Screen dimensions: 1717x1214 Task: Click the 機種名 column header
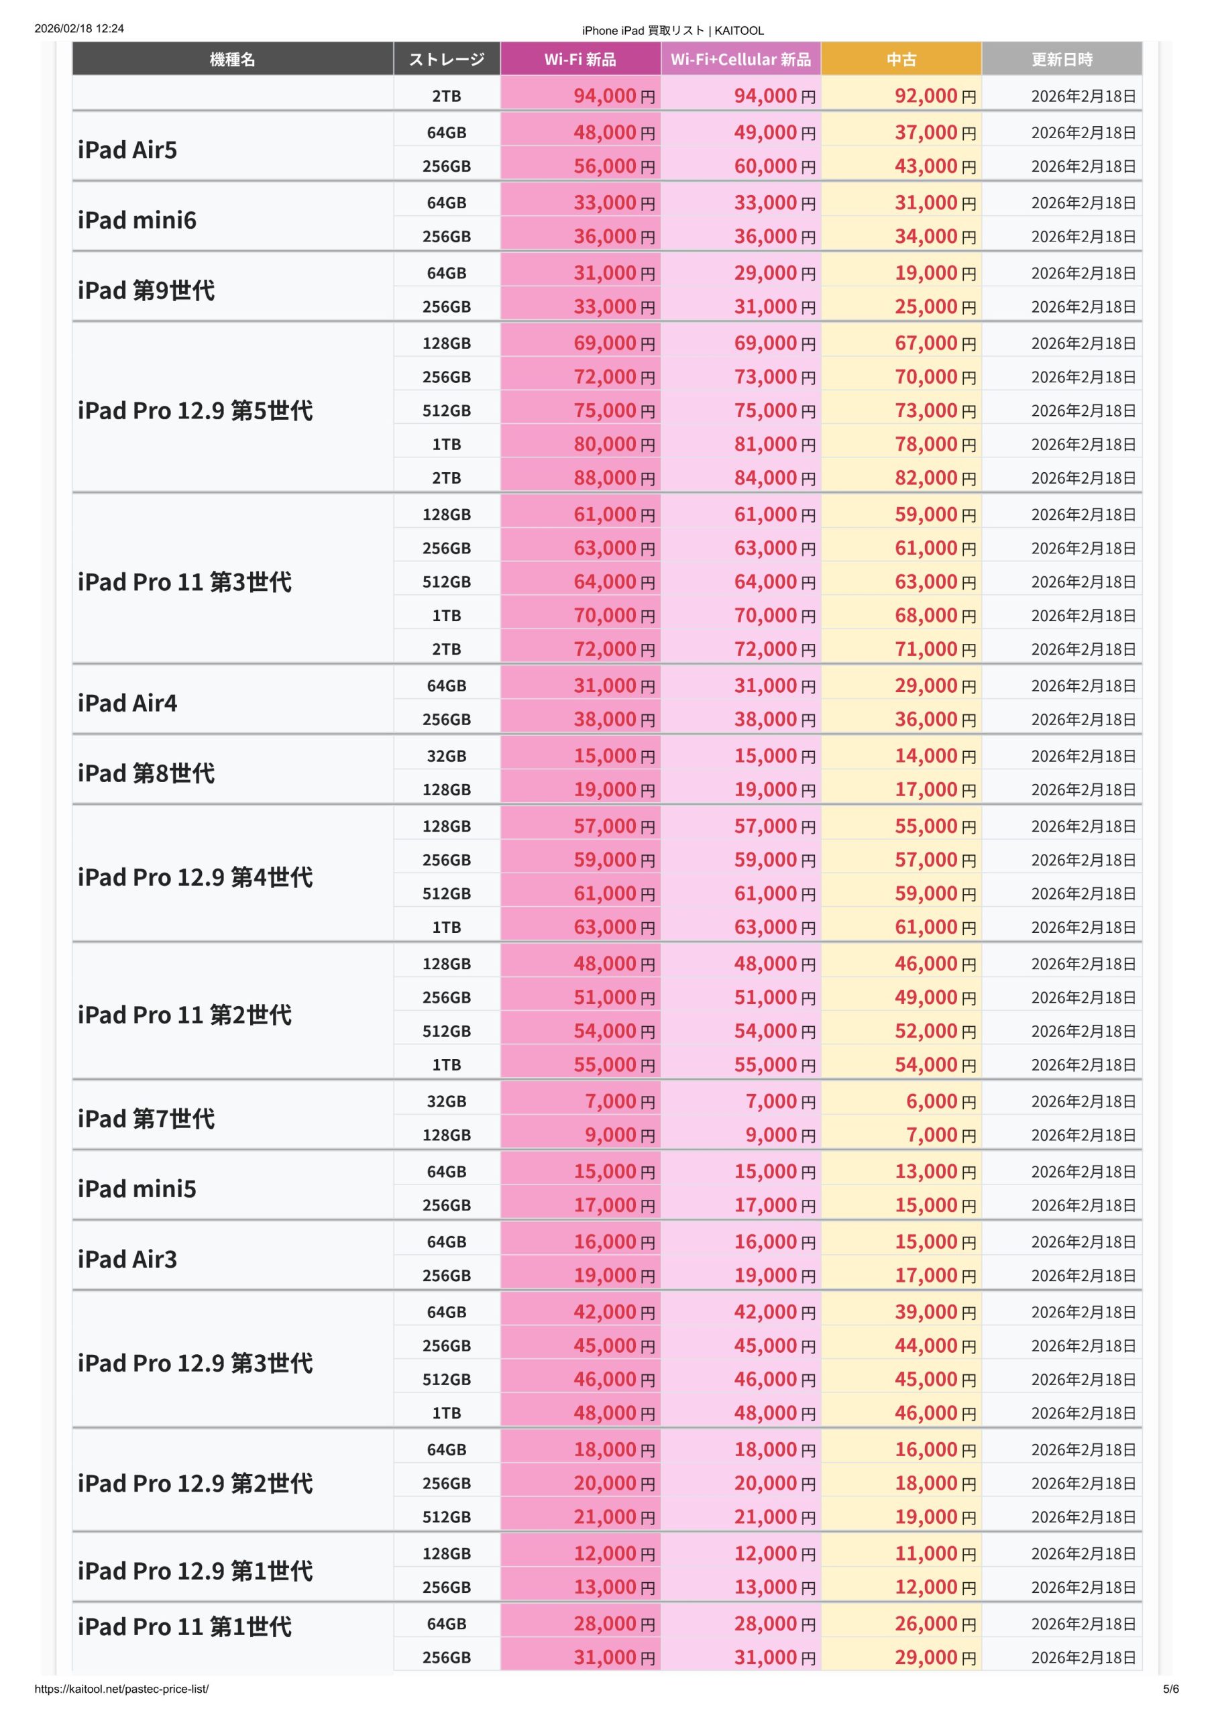[233, 59]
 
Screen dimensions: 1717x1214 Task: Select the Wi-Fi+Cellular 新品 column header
[740, 59]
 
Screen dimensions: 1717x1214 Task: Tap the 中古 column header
[901, 59]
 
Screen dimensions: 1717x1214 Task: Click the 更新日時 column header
[1061, 59]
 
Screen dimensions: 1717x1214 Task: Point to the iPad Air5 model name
[128, 150]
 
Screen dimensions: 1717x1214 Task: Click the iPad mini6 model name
[137, 220]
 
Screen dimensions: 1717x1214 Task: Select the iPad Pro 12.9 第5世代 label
[195, 410]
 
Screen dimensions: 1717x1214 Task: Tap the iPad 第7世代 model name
[146, 1118]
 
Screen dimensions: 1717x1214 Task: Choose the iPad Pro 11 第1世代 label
[184, 1626]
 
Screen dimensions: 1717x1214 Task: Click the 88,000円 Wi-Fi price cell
[613, 477]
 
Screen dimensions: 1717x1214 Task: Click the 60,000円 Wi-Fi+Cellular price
[774, 166]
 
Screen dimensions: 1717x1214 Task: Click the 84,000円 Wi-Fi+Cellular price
[774, 477]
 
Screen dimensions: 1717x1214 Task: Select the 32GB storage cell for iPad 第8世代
[447, 755]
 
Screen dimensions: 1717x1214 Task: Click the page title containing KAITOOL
[673, 31]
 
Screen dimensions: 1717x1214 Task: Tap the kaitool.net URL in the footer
[121, 1689]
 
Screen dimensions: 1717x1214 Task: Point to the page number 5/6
[1170, 1689]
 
